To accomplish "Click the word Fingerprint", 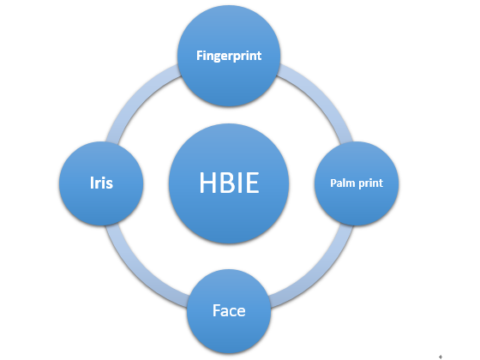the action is [x=229, y=56].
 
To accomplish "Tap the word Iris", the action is [x=101, y=183].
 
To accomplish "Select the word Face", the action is [x=229, y=310].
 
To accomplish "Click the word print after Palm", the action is [x=370, y=183].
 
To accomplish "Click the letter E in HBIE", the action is [x=252, y=183].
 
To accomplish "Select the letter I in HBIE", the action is [x=240, y=183].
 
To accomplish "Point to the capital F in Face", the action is [x=216, y=310].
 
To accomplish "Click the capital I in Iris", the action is [x=92, y=183].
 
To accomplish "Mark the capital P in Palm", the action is [x=333, y=183].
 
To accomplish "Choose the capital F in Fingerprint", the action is [x=200, y=56].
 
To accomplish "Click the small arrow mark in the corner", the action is [x=441, y=357].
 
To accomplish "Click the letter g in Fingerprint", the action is [x=214, y=57].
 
